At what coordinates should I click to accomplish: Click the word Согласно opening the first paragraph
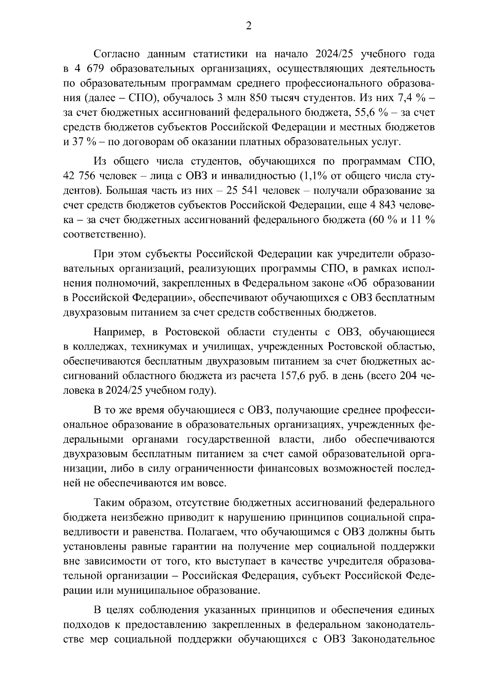(118, 54)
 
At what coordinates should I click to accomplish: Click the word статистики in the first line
(223, 54)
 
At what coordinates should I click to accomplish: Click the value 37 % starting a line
(77, 142)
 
